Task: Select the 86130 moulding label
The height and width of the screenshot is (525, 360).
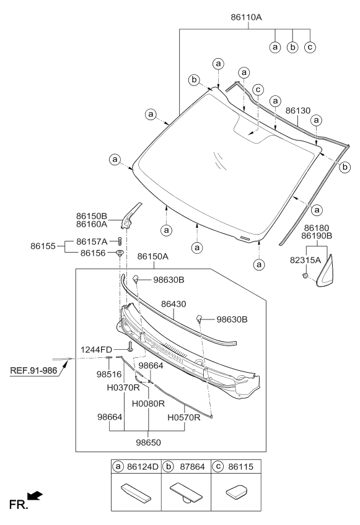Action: coord(298,110)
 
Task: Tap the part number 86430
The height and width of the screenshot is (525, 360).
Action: coord(174,305)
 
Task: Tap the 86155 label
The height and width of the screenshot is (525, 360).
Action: coord(45,246)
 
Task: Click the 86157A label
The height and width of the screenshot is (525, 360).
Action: coord(92,241)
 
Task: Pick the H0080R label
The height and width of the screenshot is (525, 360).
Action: coord(147,403)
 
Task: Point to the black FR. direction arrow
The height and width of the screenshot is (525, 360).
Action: coord(36,495)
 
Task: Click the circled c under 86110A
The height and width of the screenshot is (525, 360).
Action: coord(310,47)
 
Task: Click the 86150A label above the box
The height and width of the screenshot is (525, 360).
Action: coord(153,256)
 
